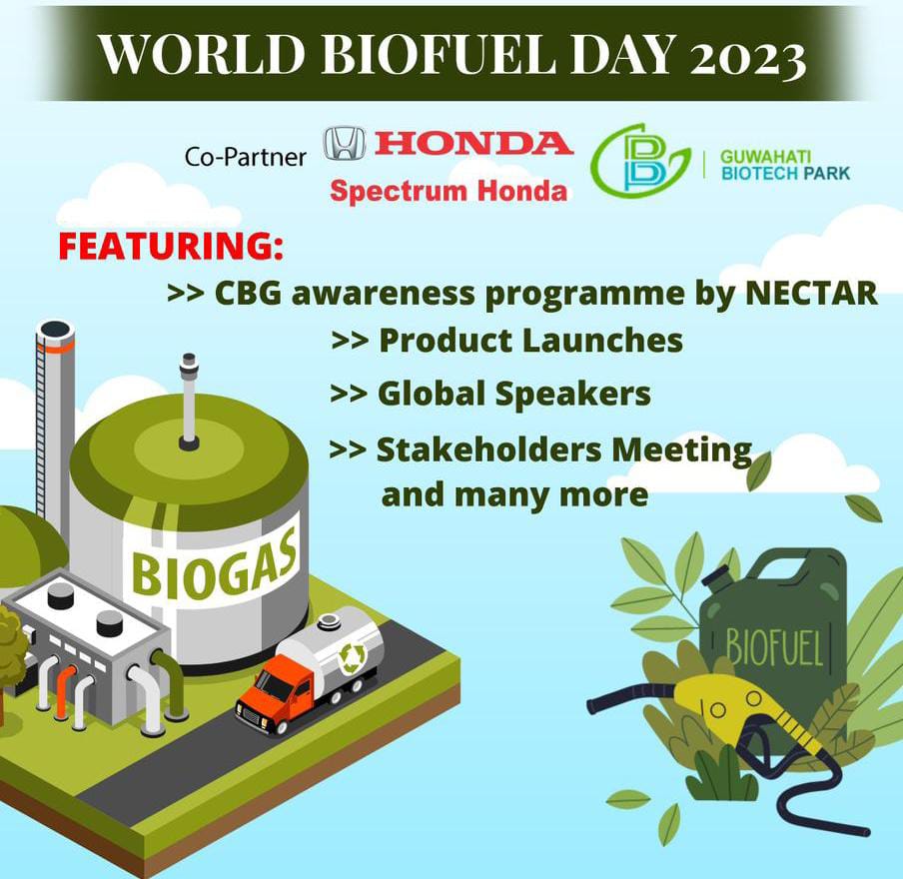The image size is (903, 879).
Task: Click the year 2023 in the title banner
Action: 747,57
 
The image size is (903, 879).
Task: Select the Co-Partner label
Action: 246,157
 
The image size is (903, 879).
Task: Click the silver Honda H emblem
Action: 345,144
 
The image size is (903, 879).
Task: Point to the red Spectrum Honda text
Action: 449,191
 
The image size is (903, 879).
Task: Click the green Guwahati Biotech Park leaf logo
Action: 639,160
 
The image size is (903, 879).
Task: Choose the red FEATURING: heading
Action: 171,246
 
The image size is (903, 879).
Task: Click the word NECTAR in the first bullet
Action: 811,293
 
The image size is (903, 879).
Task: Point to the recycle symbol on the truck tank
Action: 352,656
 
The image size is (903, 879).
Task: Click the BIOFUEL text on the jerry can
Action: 773,648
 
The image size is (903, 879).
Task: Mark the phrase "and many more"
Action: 514,494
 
